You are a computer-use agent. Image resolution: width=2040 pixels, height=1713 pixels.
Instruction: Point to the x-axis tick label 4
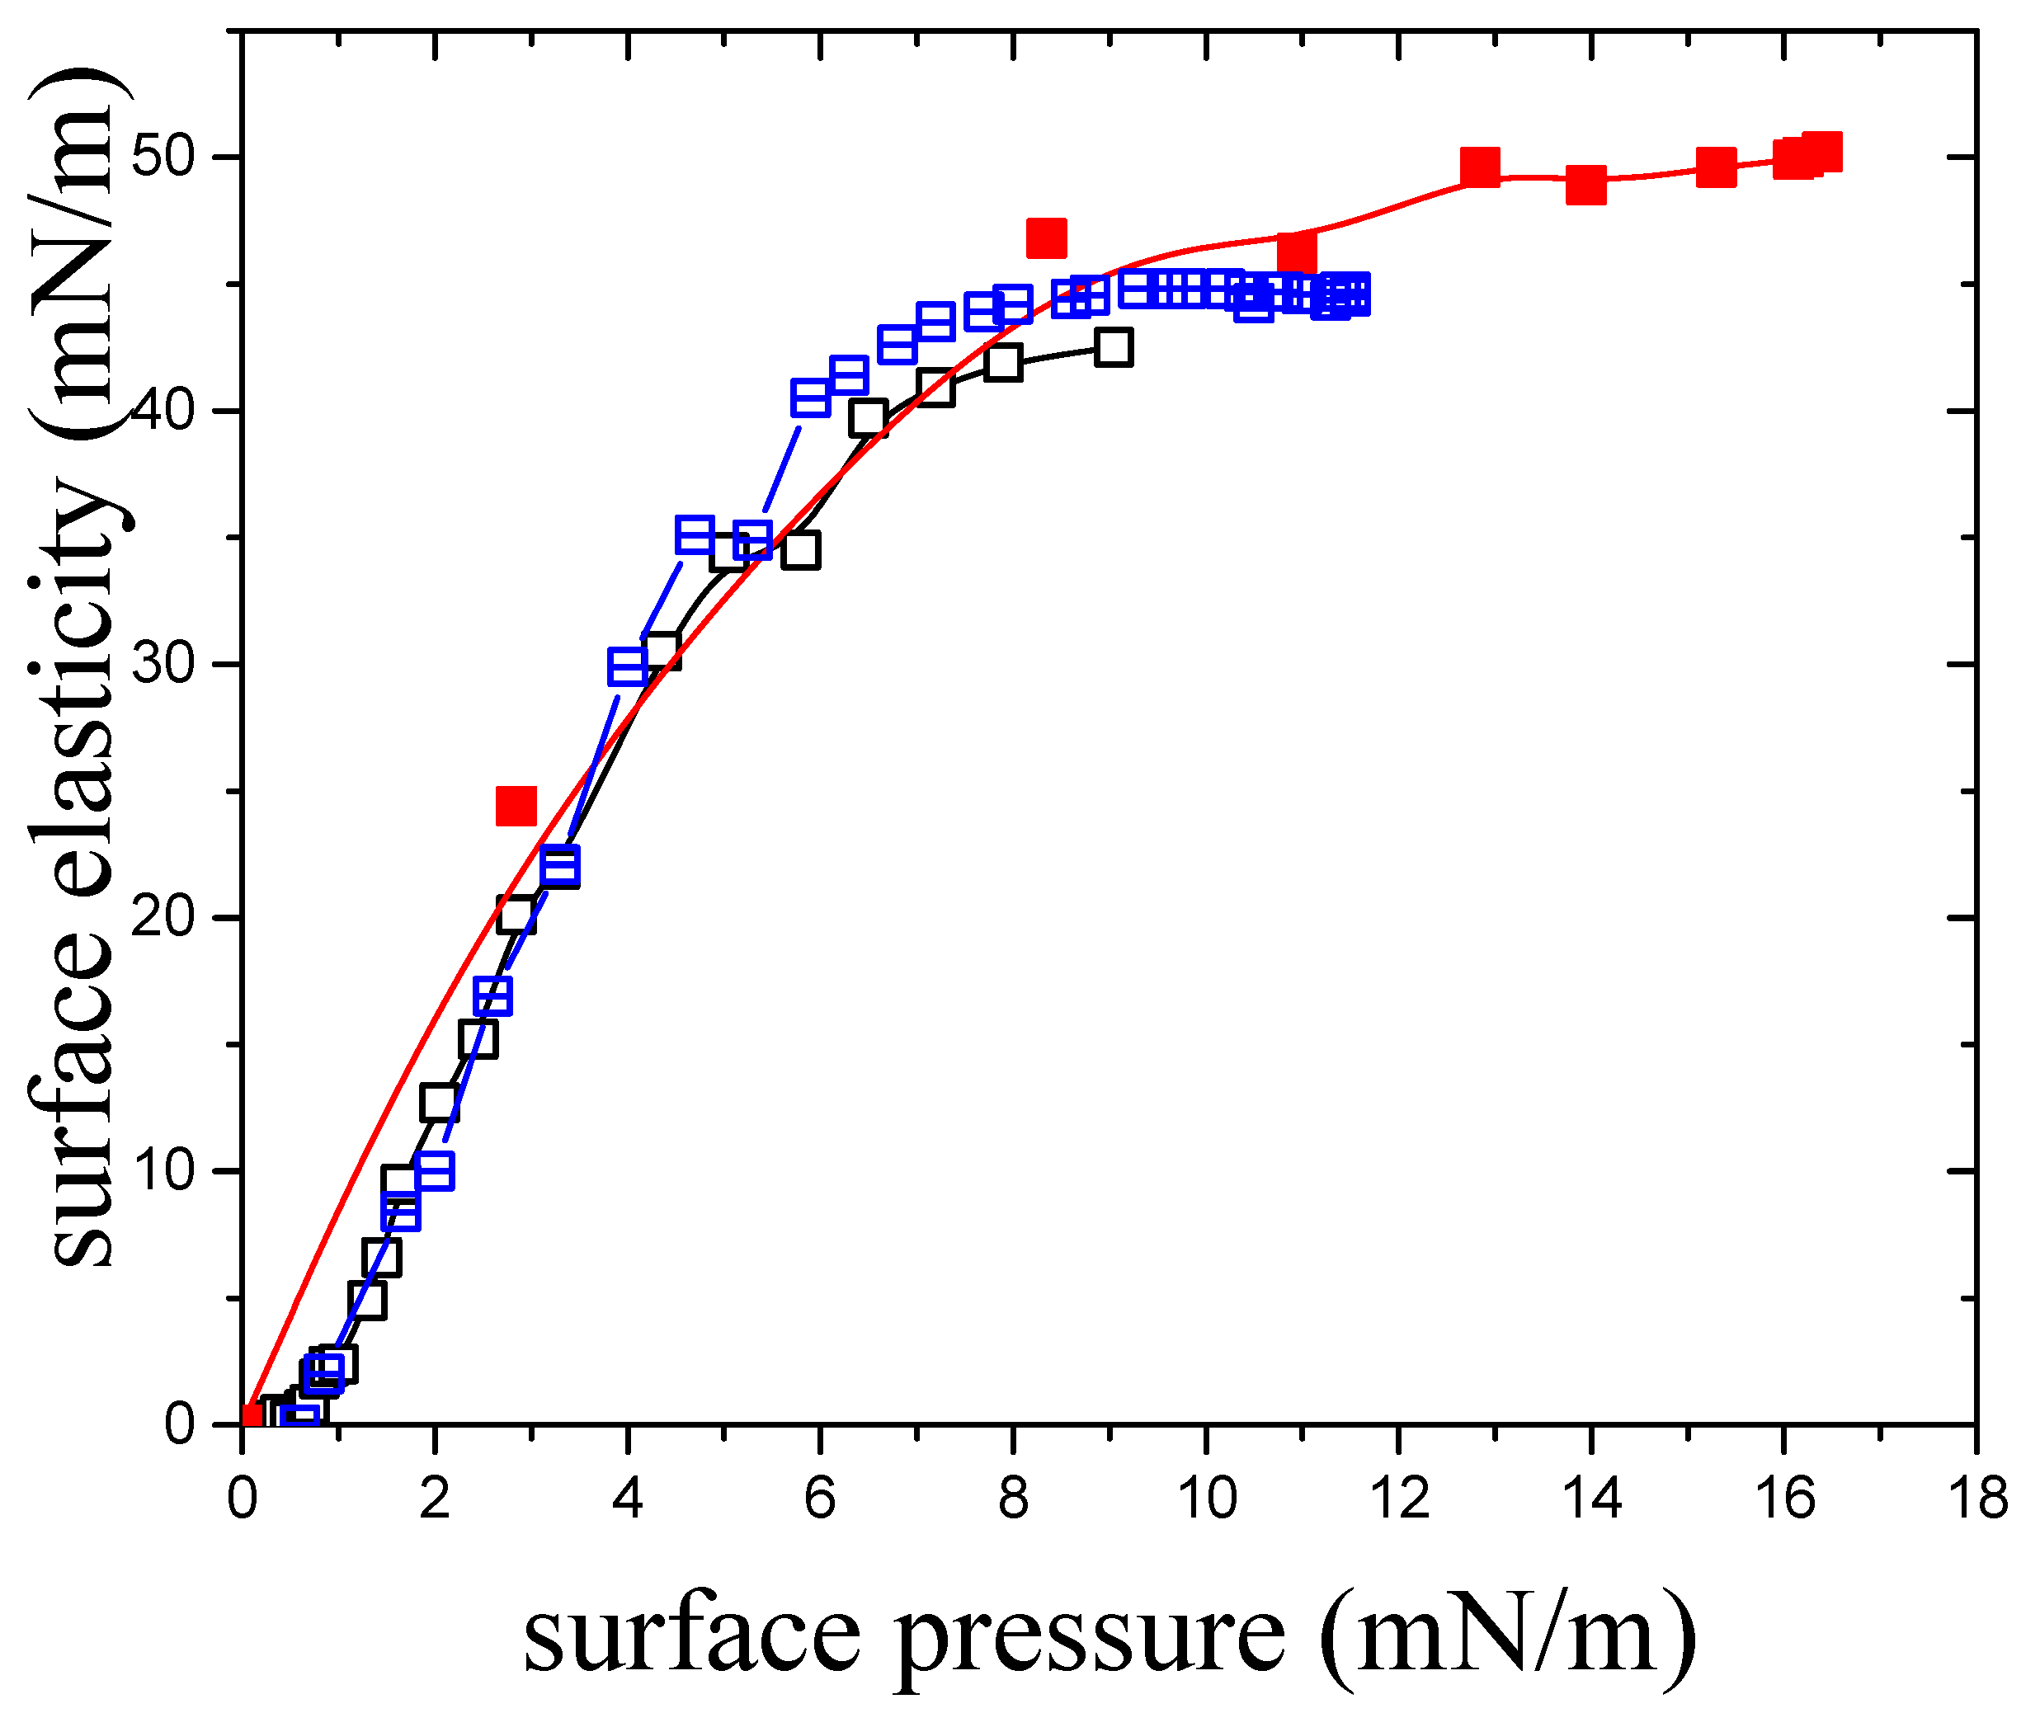pyautogui.click(x=628, y=1499)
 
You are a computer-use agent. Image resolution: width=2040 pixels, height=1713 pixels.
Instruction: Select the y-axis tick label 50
pyautogui.click(x=163, y=157)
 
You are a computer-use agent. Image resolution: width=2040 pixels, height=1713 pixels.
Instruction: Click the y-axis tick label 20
pyautogui.click(x=163, y=917)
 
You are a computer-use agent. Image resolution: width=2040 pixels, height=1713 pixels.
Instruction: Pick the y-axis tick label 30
pyautogui.click(x=163, y=664)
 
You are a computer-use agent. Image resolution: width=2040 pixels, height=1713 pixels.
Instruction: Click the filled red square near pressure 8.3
pyautogui.click(x=1046, y=238)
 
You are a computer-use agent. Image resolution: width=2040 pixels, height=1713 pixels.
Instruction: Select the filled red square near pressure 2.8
pyautogui.click(x=516, y=805)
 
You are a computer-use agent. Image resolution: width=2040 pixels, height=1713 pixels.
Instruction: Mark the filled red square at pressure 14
pyautogui.click(x=1585, y=185)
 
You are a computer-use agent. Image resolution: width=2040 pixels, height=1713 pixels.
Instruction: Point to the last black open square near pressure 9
pyautogui.click(x=1114, y=346)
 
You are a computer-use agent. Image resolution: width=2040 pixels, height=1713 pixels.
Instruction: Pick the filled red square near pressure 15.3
pyautogui.click(x=1717, y=168)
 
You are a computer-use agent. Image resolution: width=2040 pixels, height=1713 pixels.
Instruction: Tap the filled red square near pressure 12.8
pyautogui.click(x=1480, y=167)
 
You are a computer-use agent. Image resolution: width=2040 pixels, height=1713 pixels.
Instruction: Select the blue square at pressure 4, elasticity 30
pyautogui.click(x=628, y=667)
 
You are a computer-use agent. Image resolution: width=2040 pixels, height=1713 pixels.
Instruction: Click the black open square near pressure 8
pyautogui.click(x=1002, y=363)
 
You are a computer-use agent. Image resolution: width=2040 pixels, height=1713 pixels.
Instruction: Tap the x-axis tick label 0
pyautogui.click(x=242, y=1499)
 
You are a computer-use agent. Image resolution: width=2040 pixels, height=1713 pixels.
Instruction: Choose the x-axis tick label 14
pyautogui.click(x=1591, y=1499)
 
